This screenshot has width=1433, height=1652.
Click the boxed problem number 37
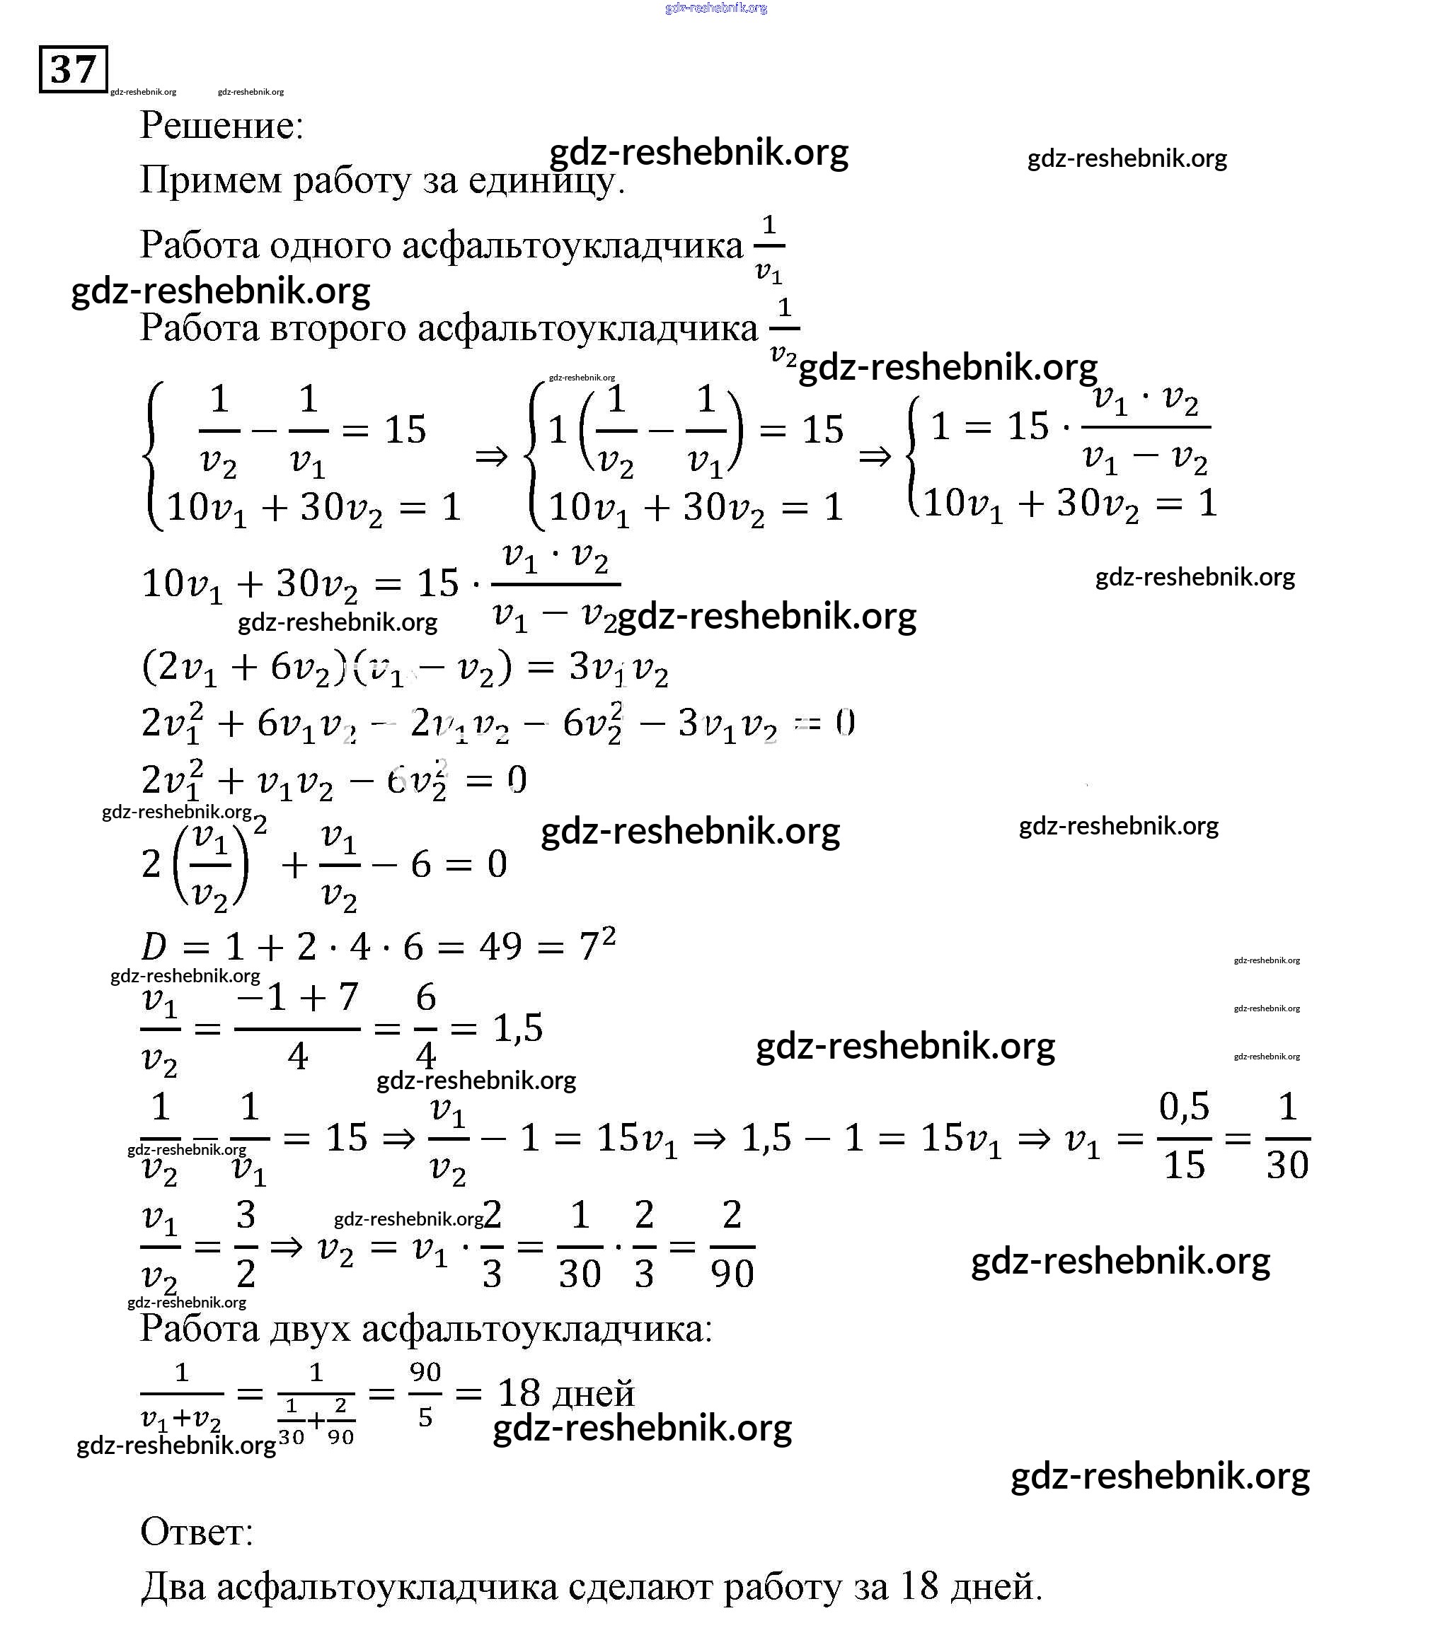click(x=73, y=69)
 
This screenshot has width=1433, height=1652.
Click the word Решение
click(x=221, y=124)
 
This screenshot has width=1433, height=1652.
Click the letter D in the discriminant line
click(x=154, y=948)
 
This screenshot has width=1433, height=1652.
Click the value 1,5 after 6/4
click(x=518, y=1028)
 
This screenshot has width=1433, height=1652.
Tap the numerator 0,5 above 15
click(x=1185, y=1107)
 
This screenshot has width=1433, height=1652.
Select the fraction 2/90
click(x=732, y=1245)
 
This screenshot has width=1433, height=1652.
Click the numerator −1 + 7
click(x=297, y=997)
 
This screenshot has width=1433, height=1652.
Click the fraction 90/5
click(x=425, y=1395)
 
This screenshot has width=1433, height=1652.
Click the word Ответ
click(x=197, y=1533)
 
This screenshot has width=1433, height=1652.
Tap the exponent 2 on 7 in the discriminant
click(x=609, y=934)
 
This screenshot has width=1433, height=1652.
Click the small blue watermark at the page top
click(x=715, y=8)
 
